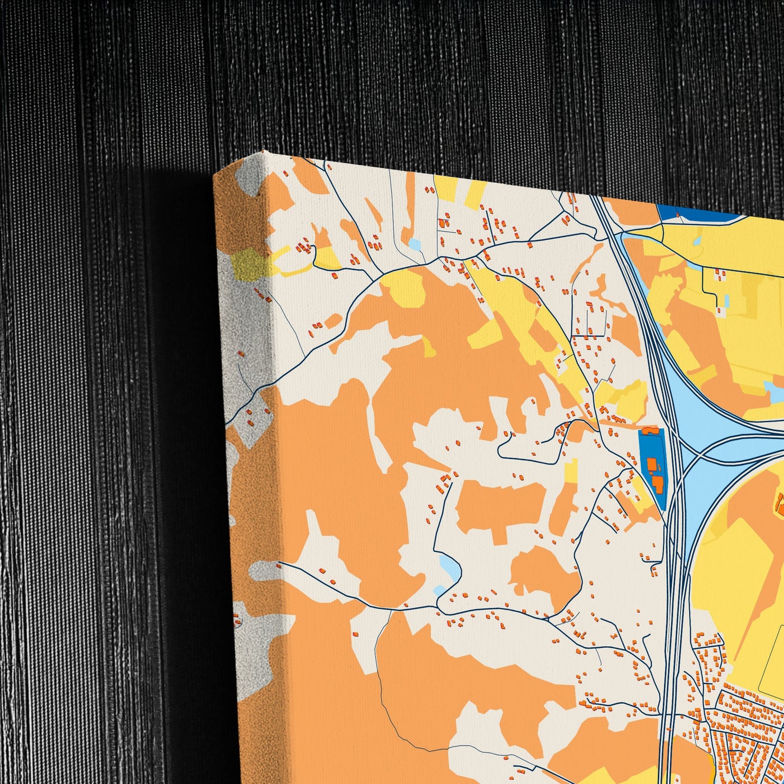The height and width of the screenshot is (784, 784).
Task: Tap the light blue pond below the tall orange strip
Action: click(415, 245)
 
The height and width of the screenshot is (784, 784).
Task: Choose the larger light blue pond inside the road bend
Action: click(450, 566)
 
